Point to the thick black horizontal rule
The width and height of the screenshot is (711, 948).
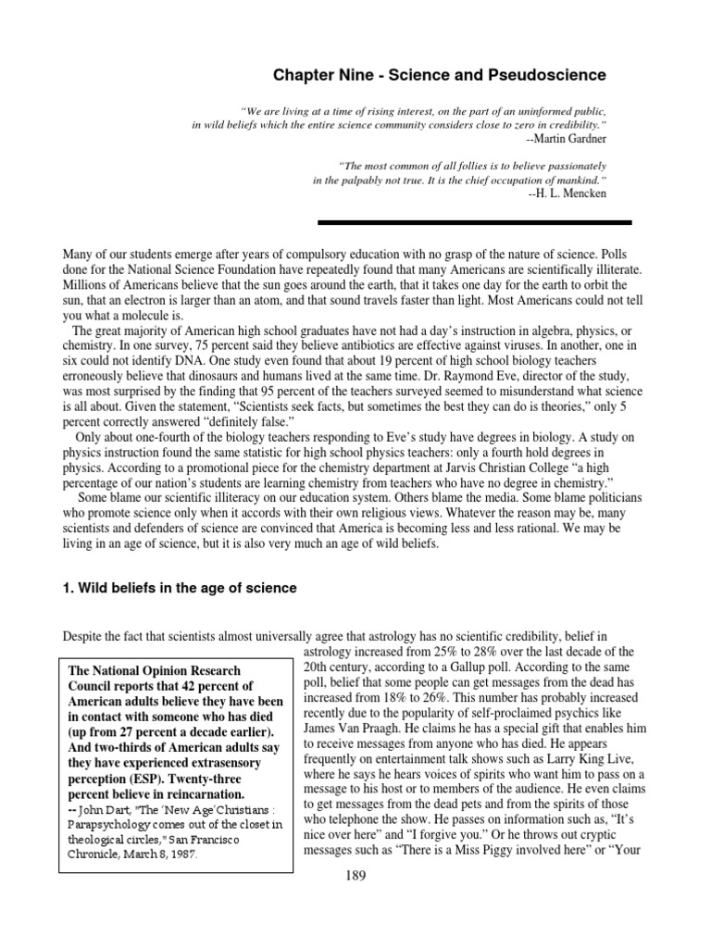coord(474,222)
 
